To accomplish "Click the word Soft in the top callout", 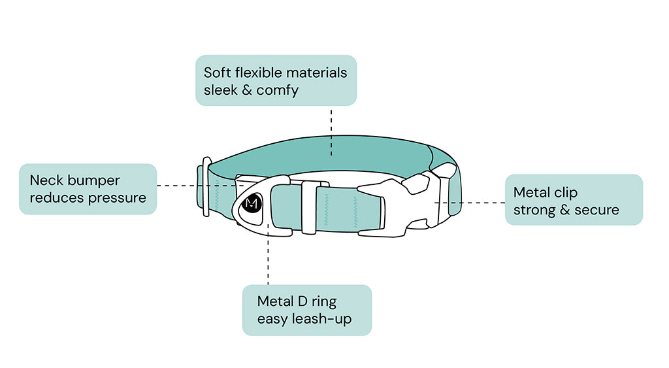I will coord(217,73).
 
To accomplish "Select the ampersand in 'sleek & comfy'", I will coord(246,90).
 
